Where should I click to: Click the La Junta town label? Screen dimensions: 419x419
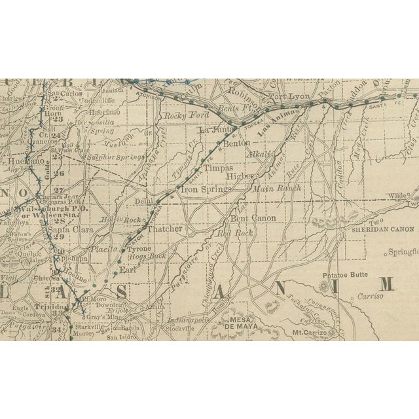pos(213,130)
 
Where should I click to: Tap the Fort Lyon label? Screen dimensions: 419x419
pos(287,98)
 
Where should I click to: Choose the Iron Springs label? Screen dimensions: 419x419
pos(206,189)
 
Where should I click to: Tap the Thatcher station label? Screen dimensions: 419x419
pos(164,230)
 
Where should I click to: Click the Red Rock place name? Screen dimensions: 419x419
pos(235,233)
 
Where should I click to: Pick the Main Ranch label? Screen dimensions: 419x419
pos(277,188)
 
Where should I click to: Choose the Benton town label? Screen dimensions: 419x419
pos(237,142)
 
